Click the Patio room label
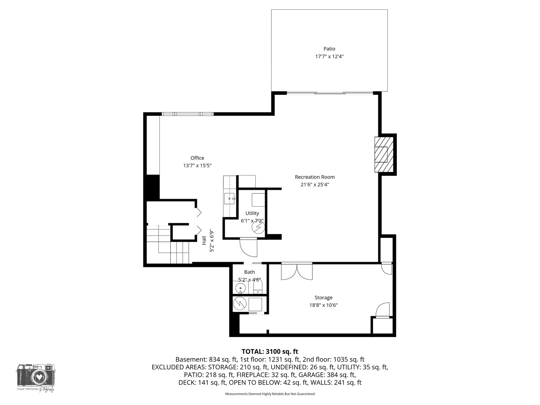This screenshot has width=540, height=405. click(x=329, y=49)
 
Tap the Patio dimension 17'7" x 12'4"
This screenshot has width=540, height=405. click(x=329, y=57)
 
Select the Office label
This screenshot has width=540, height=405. click(x=197, y=158)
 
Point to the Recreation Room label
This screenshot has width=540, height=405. click(x=315, y=177)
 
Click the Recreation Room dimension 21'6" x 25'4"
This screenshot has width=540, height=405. click(x=315, y=184)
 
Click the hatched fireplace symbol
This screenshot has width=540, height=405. click(x=384, y=154)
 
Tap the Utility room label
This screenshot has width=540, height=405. click(x=252, y=213)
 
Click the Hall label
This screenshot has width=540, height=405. click(x=204, y=240)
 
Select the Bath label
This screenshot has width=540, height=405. click(x=249, y=272)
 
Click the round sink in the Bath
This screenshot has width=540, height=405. click(x=240, y=288)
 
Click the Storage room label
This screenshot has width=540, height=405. click(x=323, y=298)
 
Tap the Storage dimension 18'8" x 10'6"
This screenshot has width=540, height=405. click(x=323, y=305)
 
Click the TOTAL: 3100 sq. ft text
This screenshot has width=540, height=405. click(x=270, y=351)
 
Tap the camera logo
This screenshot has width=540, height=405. click(x=36, y=375)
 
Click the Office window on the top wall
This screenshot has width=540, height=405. click(x=187, y=114)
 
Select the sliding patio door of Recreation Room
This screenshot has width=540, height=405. click(x=330, y=93)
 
